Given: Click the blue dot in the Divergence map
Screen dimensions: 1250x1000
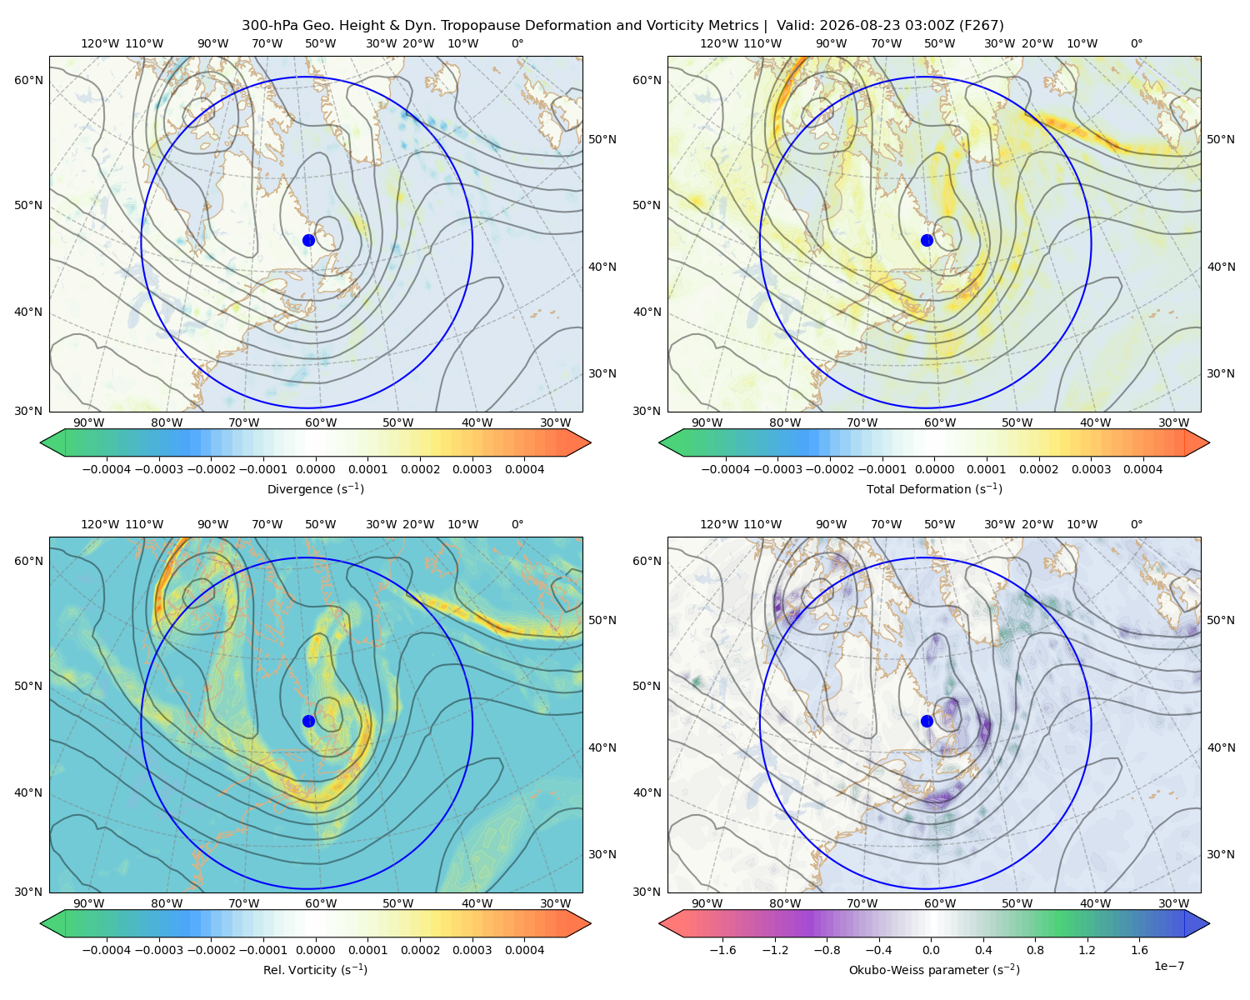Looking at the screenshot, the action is coord(308,240).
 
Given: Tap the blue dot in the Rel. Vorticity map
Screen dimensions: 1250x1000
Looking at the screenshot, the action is coord(308,721).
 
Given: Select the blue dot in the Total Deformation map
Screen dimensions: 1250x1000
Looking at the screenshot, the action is coord(927,240).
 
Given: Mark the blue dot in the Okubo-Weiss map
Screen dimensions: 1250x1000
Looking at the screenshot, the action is coord(927,721).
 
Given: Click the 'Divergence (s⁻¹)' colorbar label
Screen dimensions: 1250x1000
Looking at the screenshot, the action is coord(315,488).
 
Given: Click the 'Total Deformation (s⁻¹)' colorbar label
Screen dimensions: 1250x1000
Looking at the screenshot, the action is coord(934,488).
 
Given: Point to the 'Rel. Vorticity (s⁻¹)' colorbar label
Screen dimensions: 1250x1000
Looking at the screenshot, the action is coord(315,969).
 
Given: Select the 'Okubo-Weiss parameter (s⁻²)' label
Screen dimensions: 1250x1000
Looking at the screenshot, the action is coord(934,969).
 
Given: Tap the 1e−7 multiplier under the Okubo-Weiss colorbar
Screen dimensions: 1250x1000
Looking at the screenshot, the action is coord(1168,966).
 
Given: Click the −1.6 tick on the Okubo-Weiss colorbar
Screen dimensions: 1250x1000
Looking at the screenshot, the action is coord(722,950).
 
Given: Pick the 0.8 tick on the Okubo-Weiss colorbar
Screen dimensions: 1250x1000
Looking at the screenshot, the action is coord(1035,950).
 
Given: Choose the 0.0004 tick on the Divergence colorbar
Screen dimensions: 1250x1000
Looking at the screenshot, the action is coord(524,469).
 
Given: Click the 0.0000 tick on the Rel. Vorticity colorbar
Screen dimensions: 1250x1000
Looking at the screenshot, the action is coord(315,950).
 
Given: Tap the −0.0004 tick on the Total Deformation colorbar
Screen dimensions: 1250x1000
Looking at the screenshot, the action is coord(726,469).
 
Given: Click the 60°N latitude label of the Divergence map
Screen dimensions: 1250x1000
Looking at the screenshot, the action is coord(28,80).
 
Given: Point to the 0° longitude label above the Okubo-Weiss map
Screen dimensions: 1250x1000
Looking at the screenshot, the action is coord(1136,524).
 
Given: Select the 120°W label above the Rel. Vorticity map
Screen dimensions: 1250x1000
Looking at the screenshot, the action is coord(100,524).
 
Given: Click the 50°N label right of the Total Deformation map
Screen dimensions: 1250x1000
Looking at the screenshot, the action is coord(1220,139).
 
